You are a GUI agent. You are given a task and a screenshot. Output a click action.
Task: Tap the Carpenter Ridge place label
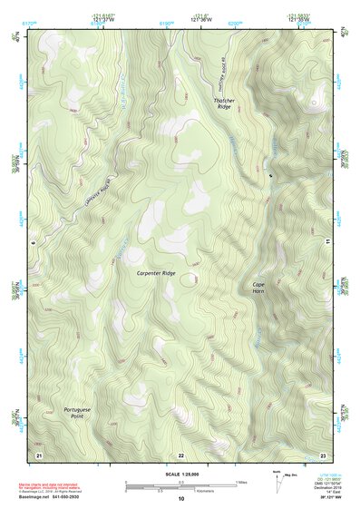coord(156,273)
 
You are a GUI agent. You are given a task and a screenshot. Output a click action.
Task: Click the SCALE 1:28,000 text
coord(180,473)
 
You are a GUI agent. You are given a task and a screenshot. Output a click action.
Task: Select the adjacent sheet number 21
coord(38,454)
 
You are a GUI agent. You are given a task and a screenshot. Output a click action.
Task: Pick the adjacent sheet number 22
coord(180,454)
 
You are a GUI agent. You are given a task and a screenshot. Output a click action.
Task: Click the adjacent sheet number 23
coord(323,454)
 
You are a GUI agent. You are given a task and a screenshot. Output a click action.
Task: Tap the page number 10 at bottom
coord(180,498)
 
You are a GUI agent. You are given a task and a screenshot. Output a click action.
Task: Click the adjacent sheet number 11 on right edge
coord(327,242)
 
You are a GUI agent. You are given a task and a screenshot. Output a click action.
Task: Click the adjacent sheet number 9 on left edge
coord(32,242)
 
